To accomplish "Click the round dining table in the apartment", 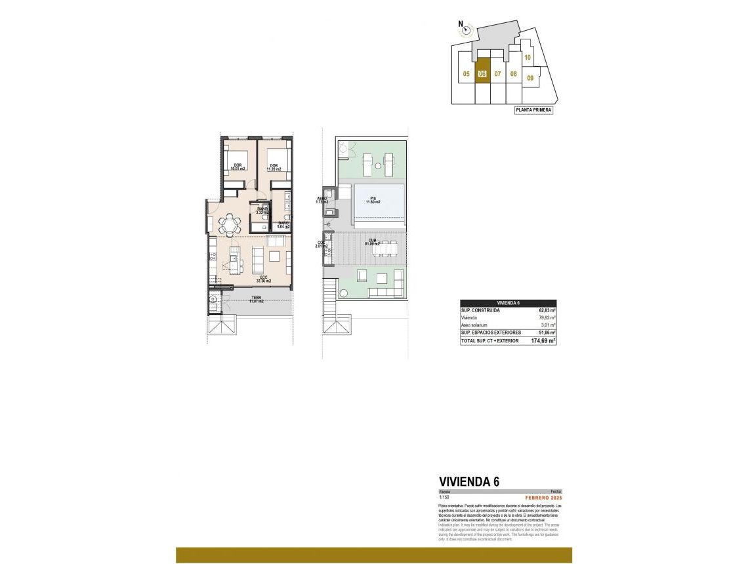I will point(230,226).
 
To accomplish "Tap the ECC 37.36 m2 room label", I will point(264,279).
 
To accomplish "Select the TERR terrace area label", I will point(256,300).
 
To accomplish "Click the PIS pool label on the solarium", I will point(373,200).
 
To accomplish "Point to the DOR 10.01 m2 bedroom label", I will point(237,167).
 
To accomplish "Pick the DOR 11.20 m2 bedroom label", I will point(274,167).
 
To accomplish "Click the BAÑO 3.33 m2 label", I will point(262,211).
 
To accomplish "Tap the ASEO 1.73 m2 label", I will point(322,199).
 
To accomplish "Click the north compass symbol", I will point(465,28).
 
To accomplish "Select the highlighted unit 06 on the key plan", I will point(482,73).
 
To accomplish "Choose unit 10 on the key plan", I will point(527,58).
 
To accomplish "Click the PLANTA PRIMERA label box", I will point(533,110).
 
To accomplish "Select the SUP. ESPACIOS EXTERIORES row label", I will point(490,333).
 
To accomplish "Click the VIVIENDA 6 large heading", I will point(468,481).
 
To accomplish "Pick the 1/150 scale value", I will point(444,498).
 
